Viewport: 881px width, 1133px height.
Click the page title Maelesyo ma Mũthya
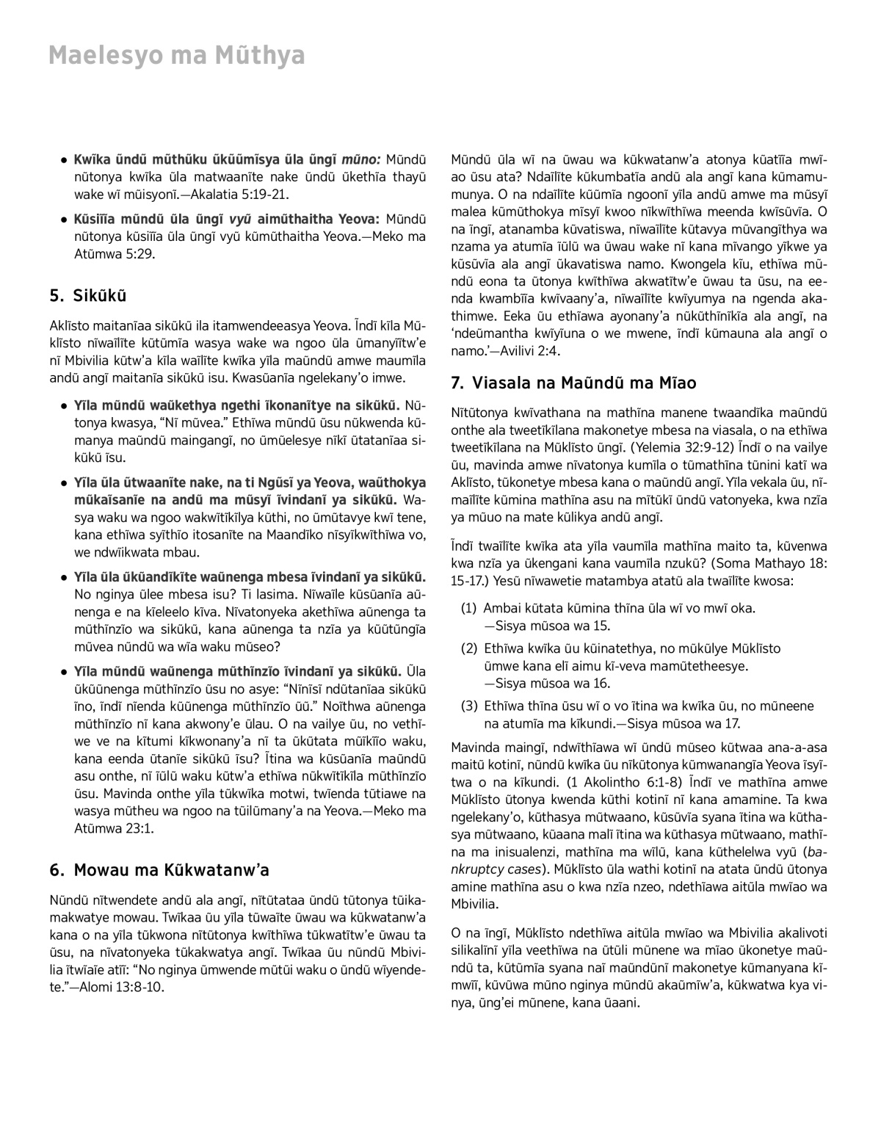pyautogui.click(x=176, y=57)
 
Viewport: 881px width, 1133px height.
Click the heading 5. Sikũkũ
pyautogui.click(x=88, y=296)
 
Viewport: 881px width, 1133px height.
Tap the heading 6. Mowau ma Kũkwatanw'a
pyautogui.click(x=159, y=870)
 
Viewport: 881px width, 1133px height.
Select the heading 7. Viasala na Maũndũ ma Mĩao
pyautogui.click(x=573, y=383)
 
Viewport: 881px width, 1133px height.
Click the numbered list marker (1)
pyautogui.click(x=469, y=608)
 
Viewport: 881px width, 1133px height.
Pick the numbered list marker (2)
pyautogui.click(x=469, y=648)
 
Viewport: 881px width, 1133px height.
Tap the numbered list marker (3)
pyautogui.click(x=469, y=706)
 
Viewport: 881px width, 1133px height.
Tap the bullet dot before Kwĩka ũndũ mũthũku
pyautogui.click(x=65, y=159)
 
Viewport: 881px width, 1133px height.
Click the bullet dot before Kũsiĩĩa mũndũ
pyautogui.click(x=65, y=219)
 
